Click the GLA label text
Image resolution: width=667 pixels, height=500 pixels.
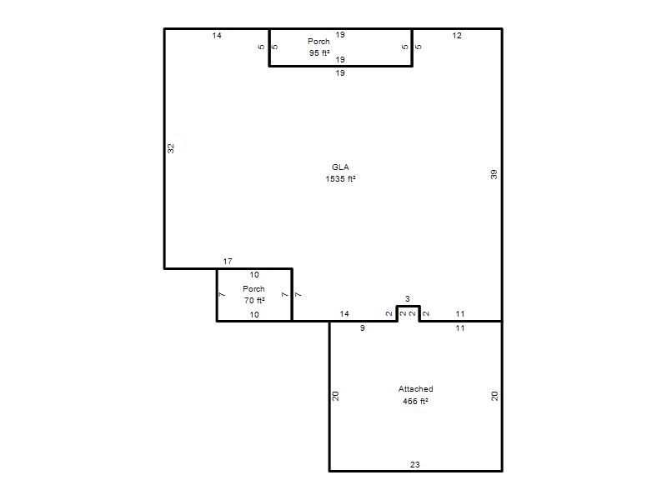pos(340,167)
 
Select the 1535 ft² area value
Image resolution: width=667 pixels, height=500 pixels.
pos(340,179)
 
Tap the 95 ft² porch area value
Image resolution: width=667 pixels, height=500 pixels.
pos(319,53)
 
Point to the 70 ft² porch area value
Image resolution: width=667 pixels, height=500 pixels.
pos(254,301)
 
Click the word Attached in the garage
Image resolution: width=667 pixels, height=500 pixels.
pos(415,388)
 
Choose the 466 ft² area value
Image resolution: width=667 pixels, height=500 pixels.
pos(415,401)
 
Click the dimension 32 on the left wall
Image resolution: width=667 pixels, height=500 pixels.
pos(171,148)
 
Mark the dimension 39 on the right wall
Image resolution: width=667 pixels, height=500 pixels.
pos(494,174)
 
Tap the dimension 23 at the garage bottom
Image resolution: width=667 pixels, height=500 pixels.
pos(414,465)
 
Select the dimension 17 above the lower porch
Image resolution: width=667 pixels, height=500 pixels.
pos(228,261)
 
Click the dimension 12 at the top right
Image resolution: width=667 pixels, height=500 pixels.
pos(457,36)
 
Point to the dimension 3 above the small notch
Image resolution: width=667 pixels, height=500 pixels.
pos(407,299)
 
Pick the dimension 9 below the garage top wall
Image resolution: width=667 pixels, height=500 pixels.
pos(362,327)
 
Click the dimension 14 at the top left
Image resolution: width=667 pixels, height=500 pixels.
pos(217,36)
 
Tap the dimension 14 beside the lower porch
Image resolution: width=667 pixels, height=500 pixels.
pos(344,314)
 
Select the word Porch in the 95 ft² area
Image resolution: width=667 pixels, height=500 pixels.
pos(318,41)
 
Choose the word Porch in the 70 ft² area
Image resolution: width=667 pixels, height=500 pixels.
pos(253,288)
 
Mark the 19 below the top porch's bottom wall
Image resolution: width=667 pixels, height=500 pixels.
pos(340,73)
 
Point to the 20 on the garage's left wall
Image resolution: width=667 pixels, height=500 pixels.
pos(335,396)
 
